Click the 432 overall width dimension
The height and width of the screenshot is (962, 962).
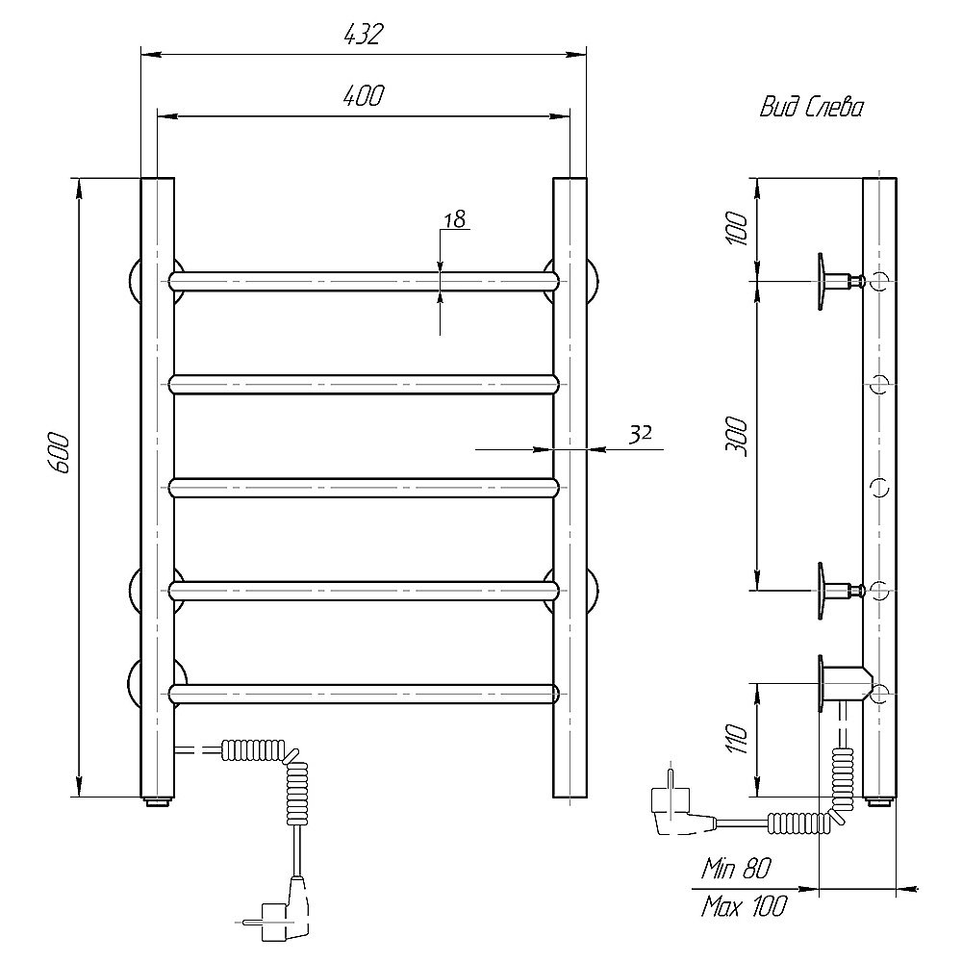click(x=363, y=35)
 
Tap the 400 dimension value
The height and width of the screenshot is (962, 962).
click(x=364, y=95)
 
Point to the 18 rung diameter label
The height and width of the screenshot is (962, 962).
click(x=455, y=219)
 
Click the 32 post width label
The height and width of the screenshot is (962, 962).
click(x=640, y=434)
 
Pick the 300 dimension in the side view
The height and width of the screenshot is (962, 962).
click(x=736, y=436)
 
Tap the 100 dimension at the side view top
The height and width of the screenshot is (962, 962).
click(x=736, y=228)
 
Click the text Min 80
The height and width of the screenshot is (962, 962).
click(x=736, y=868)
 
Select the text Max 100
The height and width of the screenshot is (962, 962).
click(x=744, y=906)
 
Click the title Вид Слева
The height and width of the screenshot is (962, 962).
click(x=812, y=108)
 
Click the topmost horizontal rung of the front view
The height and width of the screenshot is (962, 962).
click(x=365, y=281)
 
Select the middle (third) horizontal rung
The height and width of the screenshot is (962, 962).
click(x=365, y=487)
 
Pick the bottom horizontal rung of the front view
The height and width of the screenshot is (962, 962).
click(x=365, y=694)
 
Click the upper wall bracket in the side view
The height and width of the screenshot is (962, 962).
click(x=839, y=282)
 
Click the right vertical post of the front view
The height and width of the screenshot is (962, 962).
click(x=570, y=487)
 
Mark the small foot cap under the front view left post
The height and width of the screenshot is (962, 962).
click(x=158, y=801)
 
